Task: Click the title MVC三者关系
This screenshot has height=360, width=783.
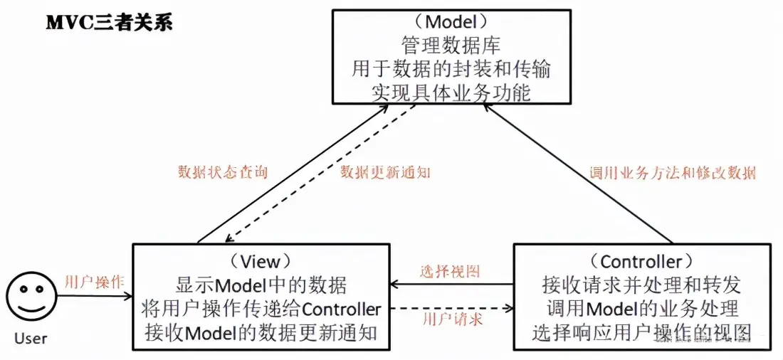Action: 109,23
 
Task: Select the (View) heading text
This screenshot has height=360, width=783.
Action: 261,262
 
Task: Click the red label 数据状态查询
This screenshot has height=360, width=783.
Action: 223,173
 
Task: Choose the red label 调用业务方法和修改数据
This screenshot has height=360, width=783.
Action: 673,172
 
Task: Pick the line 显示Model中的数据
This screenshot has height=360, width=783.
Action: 261,285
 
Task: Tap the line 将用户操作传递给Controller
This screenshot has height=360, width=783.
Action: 261,309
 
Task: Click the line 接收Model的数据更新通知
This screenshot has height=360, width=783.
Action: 261,332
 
